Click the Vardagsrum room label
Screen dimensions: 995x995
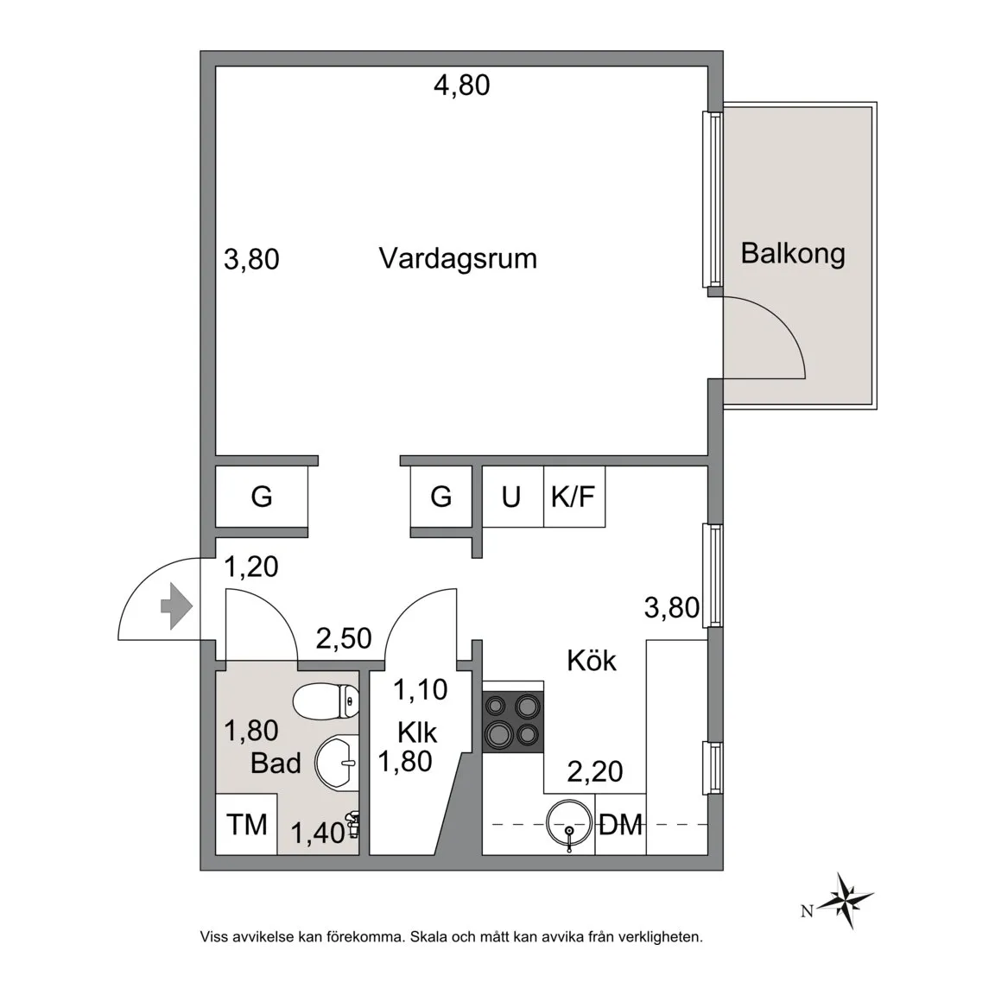coord(458,259)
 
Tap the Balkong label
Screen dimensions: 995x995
coord(793,254)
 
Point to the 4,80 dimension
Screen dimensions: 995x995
coord(462,85)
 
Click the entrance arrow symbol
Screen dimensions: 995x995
coord(176,606)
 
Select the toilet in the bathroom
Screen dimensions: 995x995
coord(326,701)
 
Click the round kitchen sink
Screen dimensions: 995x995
coord(569,824)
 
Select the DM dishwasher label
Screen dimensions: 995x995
coord(621,826)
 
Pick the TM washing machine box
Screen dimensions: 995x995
coord(246,824)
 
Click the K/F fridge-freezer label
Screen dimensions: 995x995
coord(573,497)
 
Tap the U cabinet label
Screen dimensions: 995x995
coord(510,497)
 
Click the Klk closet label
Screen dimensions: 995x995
coord(417,733)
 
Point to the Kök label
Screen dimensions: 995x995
coord(592,661)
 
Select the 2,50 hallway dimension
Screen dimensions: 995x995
coord(344,638)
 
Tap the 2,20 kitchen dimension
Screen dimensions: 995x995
coord(594,771)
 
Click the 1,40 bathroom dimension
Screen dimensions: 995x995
coord(318,833)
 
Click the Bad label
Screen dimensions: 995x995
coord(276,764)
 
